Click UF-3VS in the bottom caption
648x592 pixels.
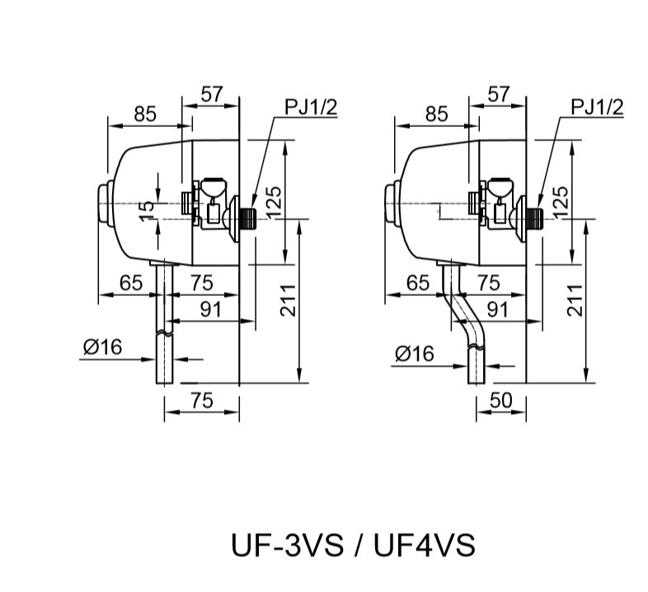point(284,545)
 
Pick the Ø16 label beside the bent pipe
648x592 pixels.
point(415,354)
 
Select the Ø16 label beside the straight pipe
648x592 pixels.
point(101,347)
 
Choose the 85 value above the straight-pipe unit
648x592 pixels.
point(145,115)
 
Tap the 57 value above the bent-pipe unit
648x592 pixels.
point(498,94)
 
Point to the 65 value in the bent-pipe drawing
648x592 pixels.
point(418,284)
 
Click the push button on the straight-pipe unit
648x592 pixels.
point(104,204)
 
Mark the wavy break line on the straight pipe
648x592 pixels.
point(165,334)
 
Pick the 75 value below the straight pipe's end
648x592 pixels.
point(202,400)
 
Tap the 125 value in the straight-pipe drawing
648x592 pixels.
point(273,200)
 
